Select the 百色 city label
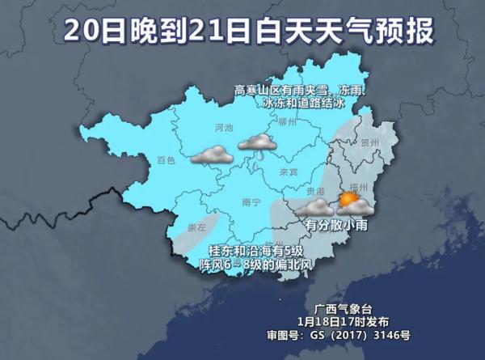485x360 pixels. click(x=166, y=160)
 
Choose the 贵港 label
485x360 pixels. click(x=302, y=191)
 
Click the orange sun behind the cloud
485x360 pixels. click(x=348, y=198)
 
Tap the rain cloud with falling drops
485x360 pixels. click(x=257, y=144)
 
